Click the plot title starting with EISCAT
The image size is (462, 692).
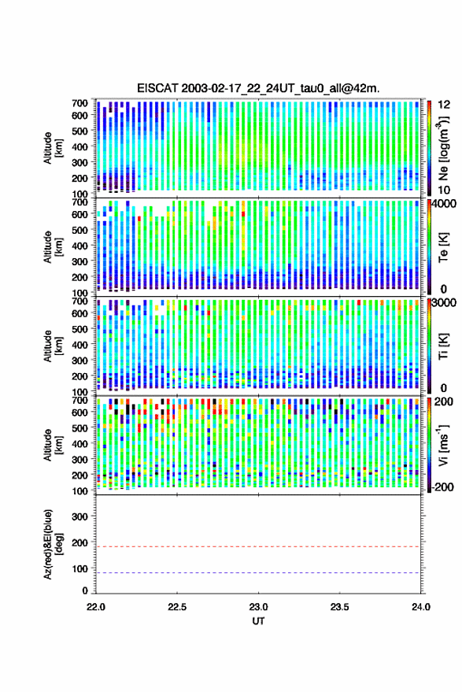[x=258, y=88]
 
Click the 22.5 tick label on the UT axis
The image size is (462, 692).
[x=177, y=607]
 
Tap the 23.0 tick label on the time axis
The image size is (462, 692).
[x=258, y=607]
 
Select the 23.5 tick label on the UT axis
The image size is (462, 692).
[x=339, y=607]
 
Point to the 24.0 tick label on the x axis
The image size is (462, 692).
[x=420, y=607]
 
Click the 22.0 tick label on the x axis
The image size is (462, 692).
[x=96, y=607]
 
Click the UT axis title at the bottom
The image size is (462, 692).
[x=258, y=621]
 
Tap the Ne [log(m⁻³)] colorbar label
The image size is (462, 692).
[x=442, y=148]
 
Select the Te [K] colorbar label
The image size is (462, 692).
[x=443, y=247]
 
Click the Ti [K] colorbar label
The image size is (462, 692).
[x=443, y=346]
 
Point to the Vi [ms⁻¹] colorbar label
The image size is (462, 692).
[x=442, y=445]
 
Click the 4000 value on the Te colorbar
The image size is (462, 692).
[x=443, y=204]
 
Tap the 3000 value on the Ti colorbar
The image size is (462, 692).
[x=443, y=303]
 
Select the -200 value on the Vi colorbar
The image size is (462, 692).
[x=442, y=487]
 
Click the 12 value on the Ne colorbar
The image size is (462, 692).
[x=444, y=105]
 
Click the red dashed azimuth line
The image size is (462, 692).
[x=258, y=547]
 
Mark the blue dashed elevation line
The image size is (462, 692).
[x=258, y=573]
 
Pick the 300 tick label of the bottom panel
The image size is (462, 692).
[x=79, y=516]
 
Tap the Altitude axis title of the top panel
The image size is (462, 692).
[x=53, y=148]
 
